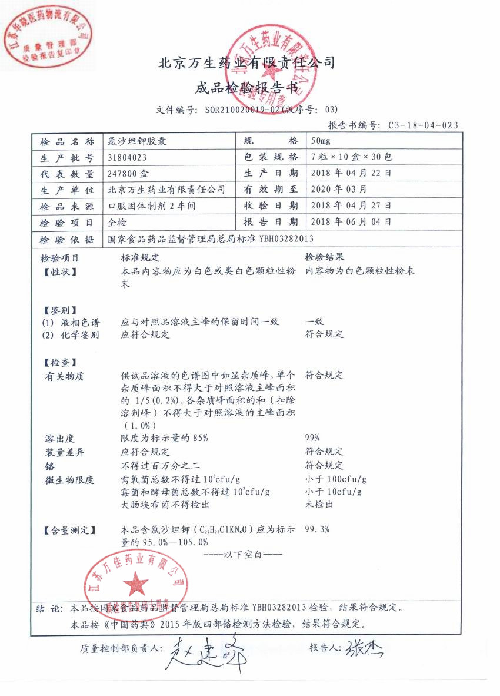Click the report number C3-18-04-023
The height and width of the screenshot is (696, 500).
[x=423, y=125]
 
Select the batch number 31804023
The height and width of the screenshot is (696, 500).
[x=128, y=158]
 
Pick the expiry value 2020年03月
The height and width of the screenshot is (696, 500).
[x=338, y=190]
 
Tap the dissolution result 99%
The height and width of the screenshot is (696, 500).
[x=312, y=438]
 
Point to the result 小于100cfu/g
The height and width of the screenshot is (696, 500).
[x=336, y=479]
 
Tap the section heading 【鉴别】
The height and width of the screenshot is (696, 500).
[x=60, y=310]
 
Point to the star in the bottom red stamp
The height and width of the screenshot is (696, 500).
[x=137, y=583]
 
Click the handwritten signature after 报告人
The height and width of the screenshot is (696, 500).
[x=364, y=648]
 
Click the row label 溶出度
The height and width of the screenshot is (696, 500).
[x=60, y=439]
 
